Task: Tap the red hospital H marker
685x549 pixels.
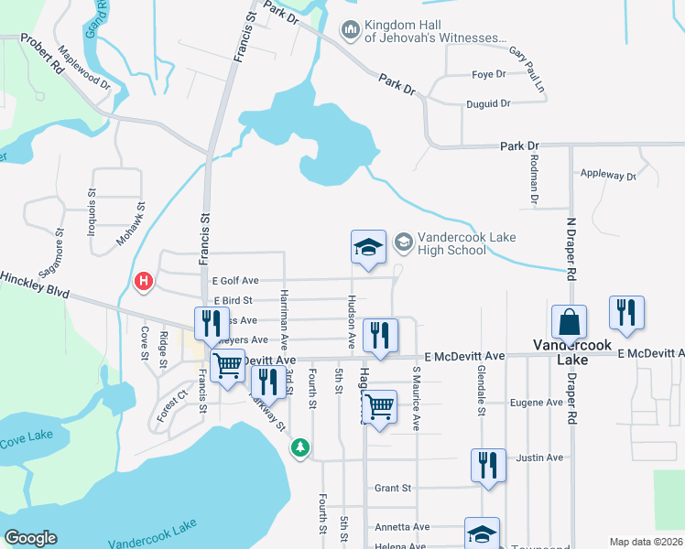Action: [144, 282]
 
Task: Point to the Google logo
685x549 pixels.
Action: [30, 538]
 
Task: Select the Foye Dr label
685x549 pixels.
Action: [488, 74]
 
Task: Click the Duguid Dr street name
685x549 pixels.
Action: [487, 103]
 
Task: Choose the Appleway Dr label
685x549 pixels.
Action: [608, 175]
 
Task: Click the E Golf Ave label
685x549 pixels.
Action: [235, 280]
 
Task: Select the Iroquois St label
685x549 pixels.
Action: [92, 211]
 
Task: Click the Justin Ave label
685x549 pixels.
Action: [539, 457]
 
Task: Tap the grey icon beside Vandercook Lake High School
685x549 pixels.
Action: [403, 242]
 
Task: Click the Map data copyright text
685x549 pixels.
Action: [646, 542]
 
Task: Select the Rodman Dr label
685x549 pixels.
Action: [533, 178]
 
